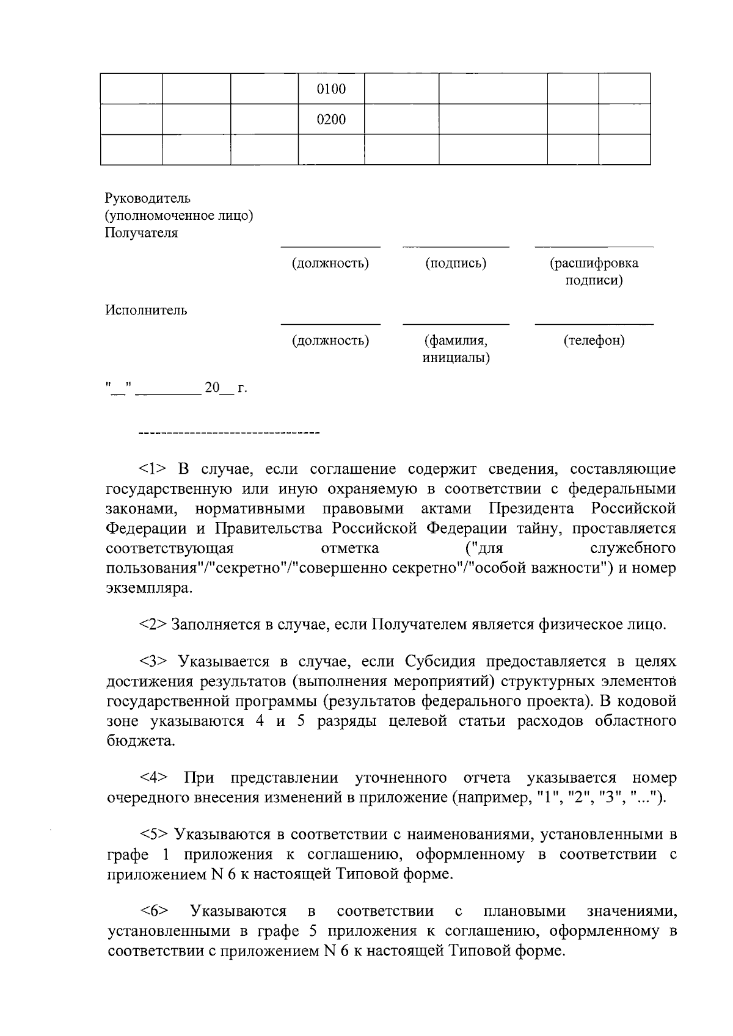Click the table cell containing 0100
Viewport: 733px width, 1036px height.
331,89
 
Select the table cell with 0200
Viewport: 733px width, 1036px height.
331,120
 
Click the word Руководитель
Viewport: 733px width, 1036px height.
147,198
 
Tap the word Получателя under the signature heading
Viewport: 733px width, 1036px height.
141,233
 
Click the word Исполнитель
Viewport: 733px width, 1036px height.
146,310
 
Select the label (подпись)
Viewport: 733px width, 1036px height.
456,264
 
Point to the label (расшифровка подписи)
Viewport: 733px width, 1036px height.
593,272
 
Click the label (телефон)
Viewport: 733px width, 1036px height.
594,341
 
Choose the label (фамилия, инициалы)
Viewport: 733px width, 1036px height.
456,349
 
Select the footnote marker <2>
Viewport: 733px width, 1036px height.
152,625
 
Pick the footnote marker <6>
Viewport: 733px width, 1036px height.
154,912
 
